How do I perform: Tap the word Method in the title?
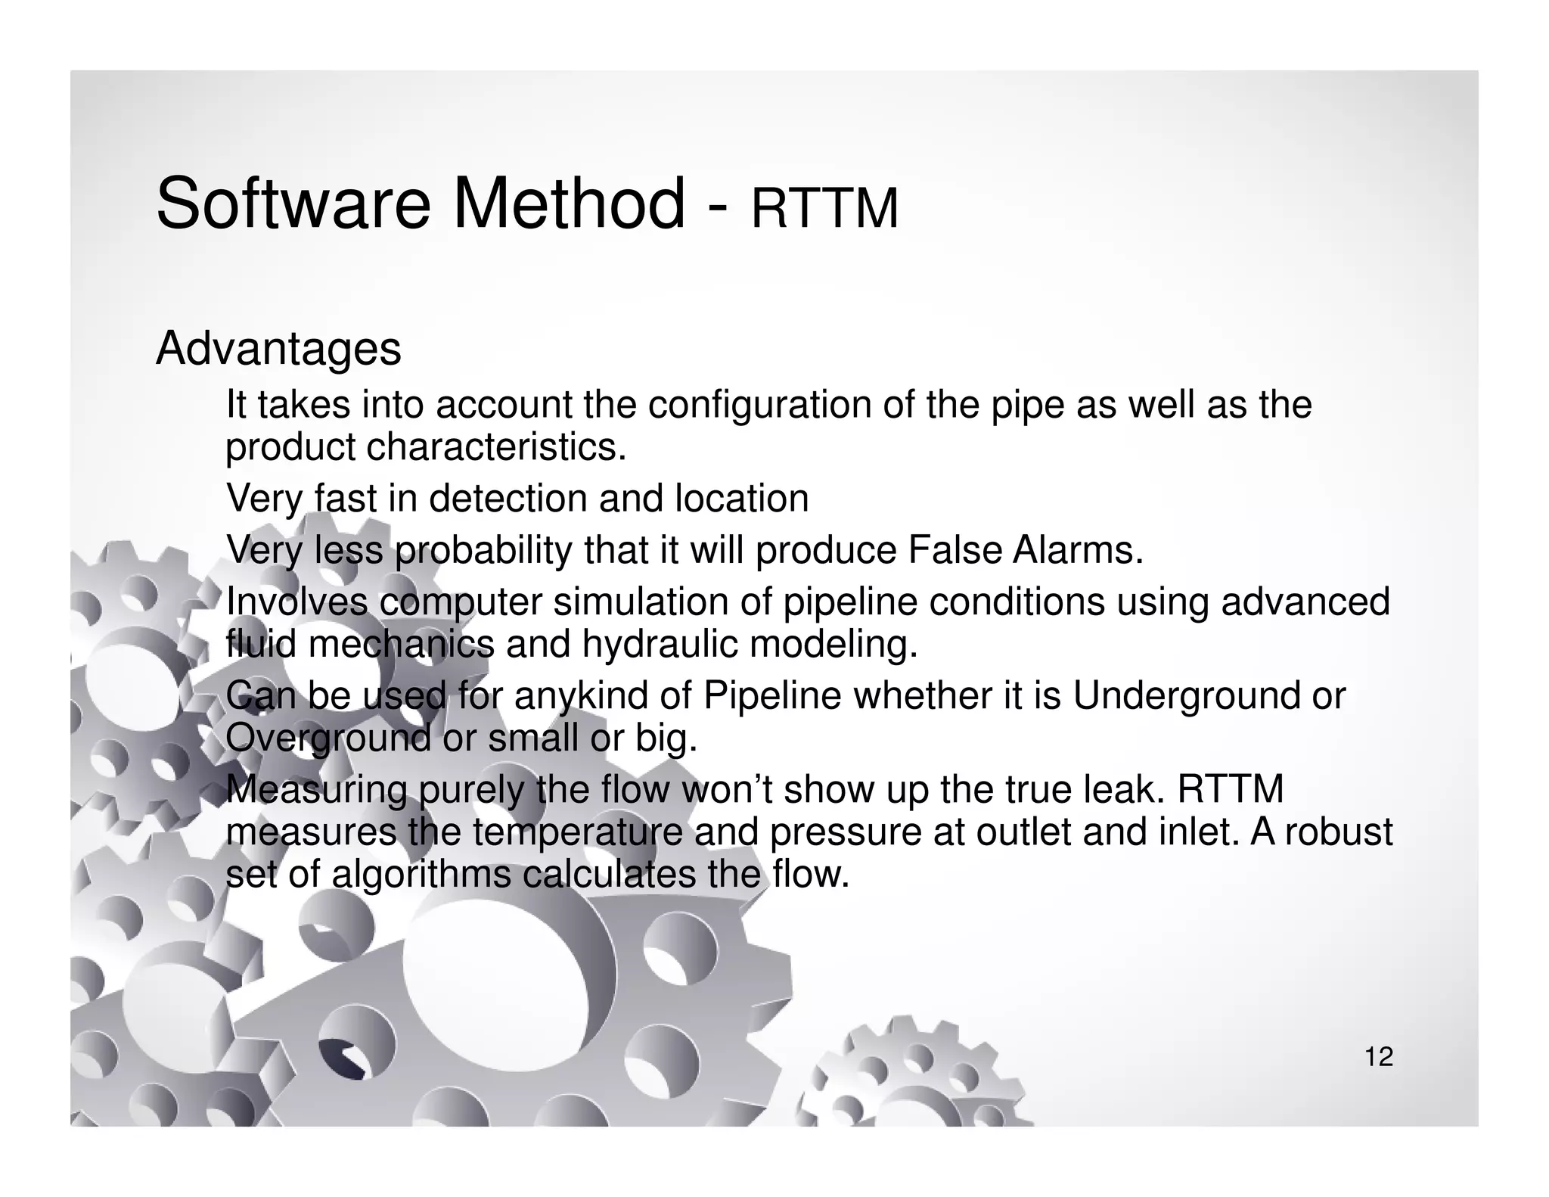(x=569, y=204)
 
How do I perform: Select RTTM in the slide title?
(x=824, y=209)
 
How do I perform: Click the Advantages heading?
(x=278, y=350)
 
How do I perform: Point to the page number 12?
(x=1379, y=1057)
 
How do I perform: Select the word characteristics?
(x=497, y=447)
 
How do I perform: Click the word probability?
(x=483, y=550)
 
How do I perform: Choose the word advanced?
(x=1306, y=602)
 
